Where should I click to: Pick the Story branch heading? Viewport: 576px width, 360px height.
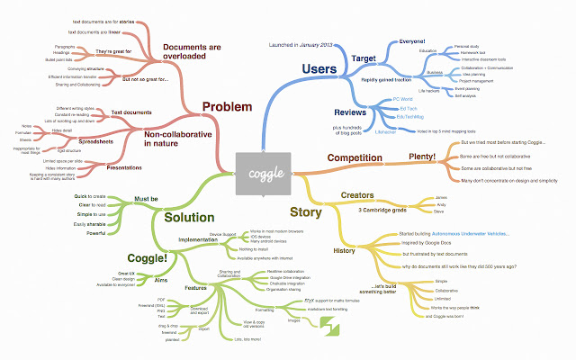tap(304, 213)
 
